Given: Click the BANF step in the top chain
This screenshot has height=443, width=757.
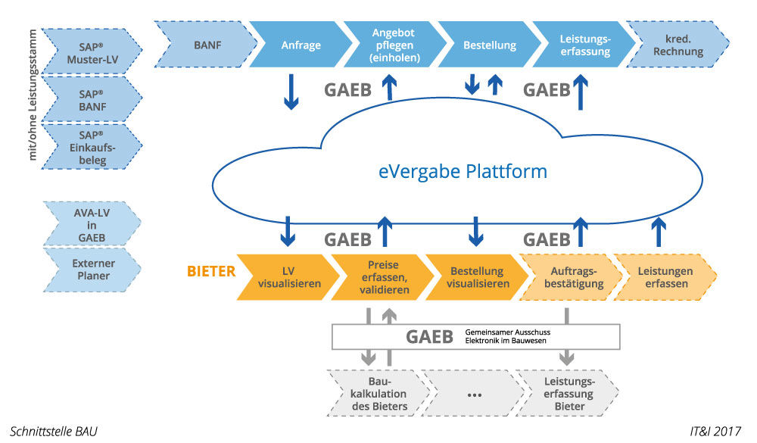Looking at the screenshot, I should [207, 45].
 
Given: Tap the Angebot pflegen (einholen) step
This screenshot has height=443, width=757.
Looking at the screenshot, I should [394, 45].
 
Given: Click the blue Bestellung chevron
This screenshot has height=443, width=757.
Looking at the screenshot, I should [489, 45].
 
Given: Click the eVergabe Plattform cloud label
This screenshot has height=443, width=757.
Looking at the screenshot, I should [463, 172].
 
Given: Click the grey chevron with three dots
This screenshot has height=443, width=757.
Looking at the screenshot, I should [474, 394].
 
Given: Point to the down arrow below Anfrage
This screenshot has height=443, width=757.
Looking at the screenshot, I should [290, 92].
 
